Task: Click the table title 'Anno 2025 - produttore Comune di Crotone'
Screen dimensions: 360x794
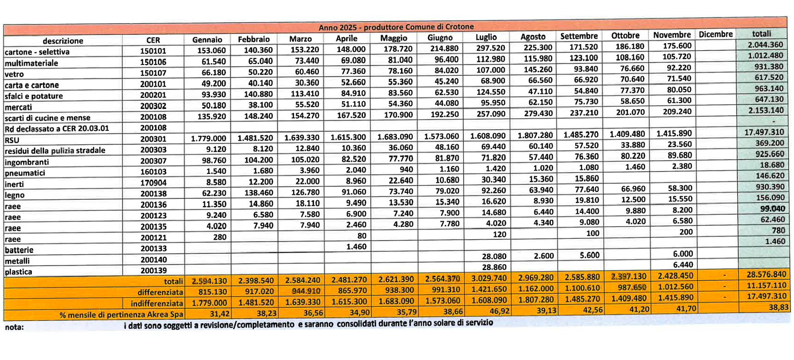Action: click(x=396, y=27)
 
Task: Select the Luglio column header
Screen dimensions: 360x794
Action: click(x=486, y=37)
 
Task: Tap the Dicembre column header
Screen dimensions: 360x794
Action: click(x=716, y=35)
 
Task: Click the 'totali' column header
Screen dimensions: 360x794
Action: click(x=761, y=34)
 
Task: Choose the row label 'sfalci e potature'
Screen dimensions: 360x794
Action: click(x=34, y=96)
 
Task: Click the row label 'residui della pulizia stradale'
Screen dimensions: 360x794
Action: click(x=55, y=150)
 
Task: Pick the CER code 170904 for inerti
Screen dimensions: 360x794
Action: click(x=153, y=183)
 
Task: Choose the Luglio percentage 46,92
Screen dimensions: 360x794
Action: click(x=499, y=311)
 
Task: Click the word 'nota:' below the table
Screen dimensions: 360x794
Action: click(x=14, y=327)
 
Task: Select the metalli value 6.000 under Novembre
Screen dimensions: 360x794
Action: click(x=682, y=254)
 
